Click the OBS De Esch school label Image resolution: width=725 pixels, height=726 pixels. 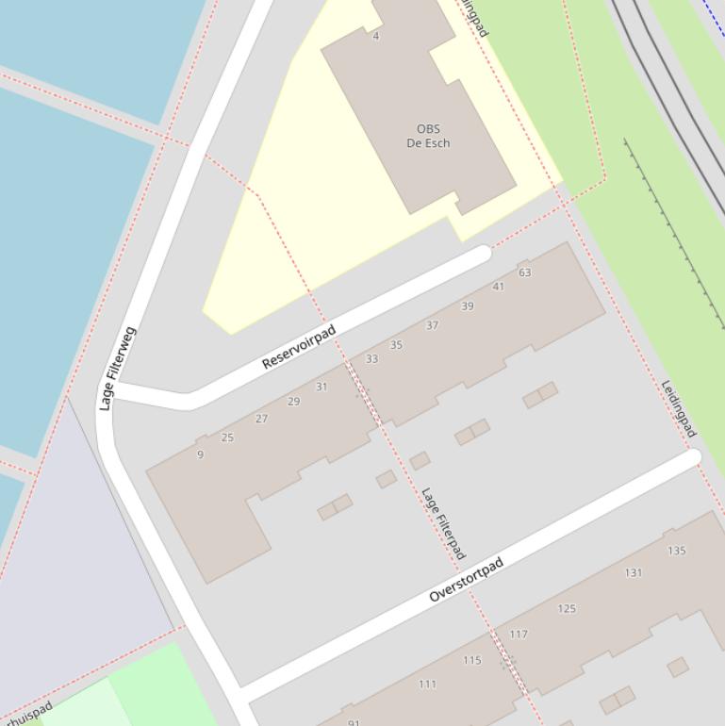(428, 136)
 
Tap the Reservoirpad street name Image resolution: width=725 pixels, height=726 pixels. (299, 348)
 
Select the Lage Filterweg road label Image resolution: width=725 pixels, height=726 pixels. (118, 369)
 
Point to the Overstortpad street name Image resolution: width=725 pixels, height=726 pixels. (467, 580)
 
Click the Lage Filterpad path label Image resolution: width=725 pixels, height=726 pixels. (443, 523)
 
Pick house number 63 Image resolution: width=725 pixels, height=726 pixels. (525, 272)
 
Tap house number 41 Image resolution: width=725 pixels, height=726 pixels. (499, 287)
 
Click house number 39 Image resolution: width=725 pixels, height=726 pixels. (468, 306)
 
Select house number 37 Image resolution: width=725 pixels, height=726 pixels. (432, 325)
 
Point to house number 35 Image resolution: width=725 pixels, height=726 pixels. (396, 345)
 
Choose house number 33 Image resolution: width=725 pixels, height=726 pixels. (371, 359)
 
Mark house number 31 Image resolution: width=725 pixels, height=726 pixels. (321, 387)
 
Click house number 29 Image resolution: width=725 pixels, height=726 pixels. (294, 402)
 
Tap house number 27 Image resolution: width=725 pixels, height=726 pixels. (261, 419)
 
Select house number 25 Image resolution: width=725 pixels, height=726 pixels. (227, 437)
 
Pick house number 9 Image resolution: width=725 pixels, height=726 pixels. (200, 454)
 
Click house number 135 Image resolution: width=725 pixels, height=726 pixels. (676, 551)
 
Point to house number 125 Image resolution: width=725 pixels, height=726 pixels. (567, 608)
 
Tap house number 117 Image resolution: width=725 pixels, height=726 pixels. (519, 635)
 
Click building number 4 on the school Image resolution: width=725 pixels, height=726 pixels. (376, 36)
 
